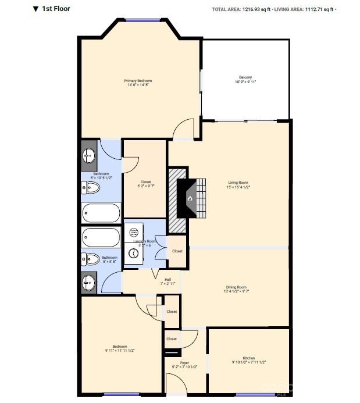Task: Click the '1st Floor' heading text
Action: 58,9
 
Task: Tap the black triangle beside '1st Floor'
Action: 36,9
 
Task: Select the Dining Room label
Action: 237,287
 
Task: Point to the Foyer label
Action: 184,362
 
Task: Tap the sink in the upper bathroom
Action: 89,155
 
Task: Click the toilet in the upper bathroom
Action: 91,188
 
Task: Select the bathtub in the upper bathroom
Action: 101,213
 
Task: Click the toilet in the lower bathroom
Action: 91,259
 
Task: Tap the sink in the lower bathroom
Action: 89,284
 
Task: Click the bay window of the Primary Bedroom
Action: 142,21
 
